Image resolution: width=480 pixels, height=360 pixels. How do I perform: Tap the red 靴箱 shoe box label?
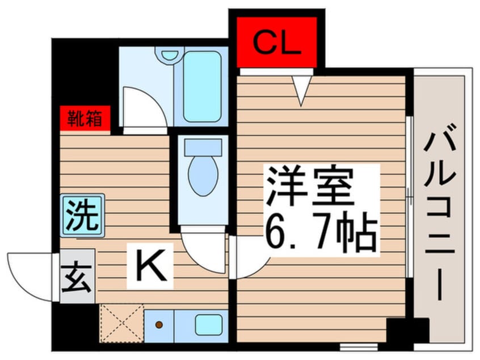(x=85, y=120)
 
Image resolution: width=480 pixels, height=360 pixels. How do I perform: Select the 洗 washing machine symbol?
(x=83, y=215)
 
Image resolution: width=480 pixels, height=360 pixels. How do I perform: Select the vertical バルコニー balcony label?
(x=441, y=216)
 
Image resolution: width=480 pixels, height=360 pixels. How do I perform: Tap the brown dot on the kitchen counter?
(x=159, y=325)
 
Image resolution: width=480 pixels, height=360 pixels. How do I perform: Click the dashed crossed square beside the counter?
(x=121, y=323)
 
